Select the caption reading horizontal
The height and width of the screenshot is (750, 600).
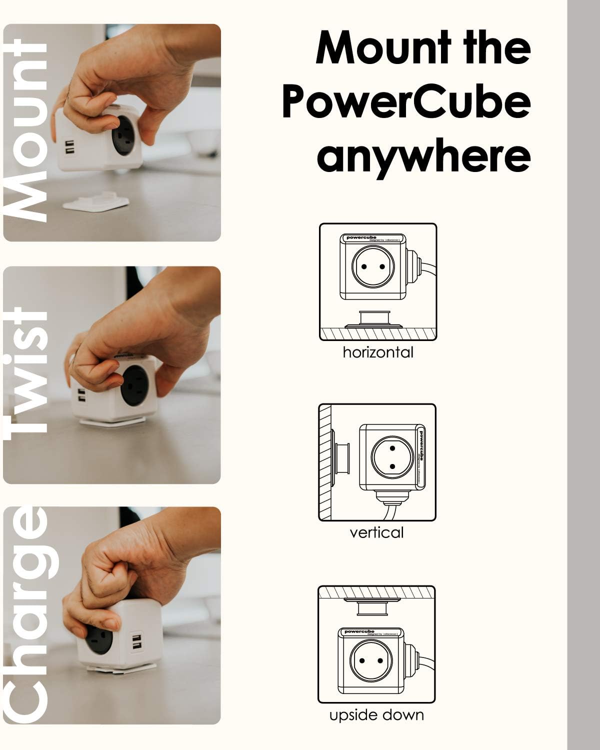point(378,352)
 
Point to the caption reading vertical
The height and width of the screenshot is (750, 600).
point(376,532)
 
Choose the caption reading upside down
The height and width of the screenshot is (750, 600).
point(376,715)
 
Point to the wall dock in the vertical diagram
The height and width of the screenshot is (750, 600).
point(341,458)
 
